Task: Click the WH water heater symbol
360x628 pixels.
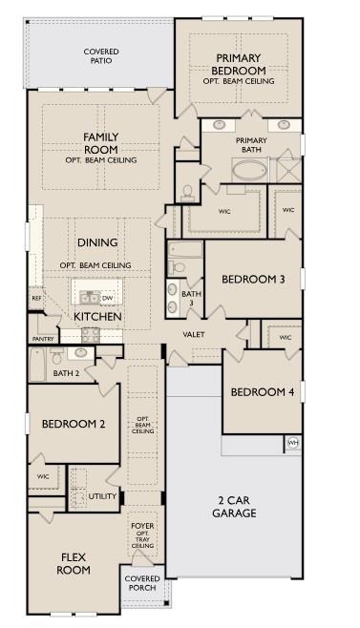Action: coord(293,443)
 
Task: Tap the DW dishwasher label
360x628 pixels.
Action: coord(107,299)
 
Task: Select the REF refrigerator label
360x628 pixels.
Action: coord(36,299)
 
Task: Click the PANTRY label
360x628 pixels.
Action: coord(43,339)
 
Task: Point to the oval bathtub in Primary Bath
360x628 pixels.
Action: coord(249,170)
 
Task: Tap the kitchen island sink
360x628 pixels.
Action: coord(90,298)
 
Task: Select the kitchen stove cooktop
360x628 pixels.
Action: coord(91,335)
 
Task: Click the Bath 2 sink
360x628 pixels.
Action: coord(80,353)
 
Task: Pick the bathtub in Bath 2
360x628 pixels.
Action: coord(37,364)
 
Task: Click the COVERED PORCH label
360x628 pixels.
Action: coord(142,583)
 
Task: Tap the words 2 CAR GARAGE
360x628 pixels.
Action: coord(234,507)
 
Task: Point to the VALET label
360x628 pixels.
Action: coord(194,334)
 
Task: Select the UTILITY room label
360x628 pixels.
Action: coord(102,496)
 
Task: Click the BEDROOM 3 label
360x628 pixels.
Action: coord(253,279)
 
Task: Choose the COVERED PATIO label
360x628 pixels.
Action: coord(101,56)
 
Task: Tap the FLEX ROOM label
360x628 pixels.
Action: coord(74,563)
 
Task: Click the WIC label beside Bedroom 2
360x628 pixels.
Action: coord(43,476)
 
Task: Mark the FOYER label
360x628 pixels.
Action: coord(142,526)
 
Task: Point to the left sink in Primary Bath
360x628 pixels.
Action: coord(220,125)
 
